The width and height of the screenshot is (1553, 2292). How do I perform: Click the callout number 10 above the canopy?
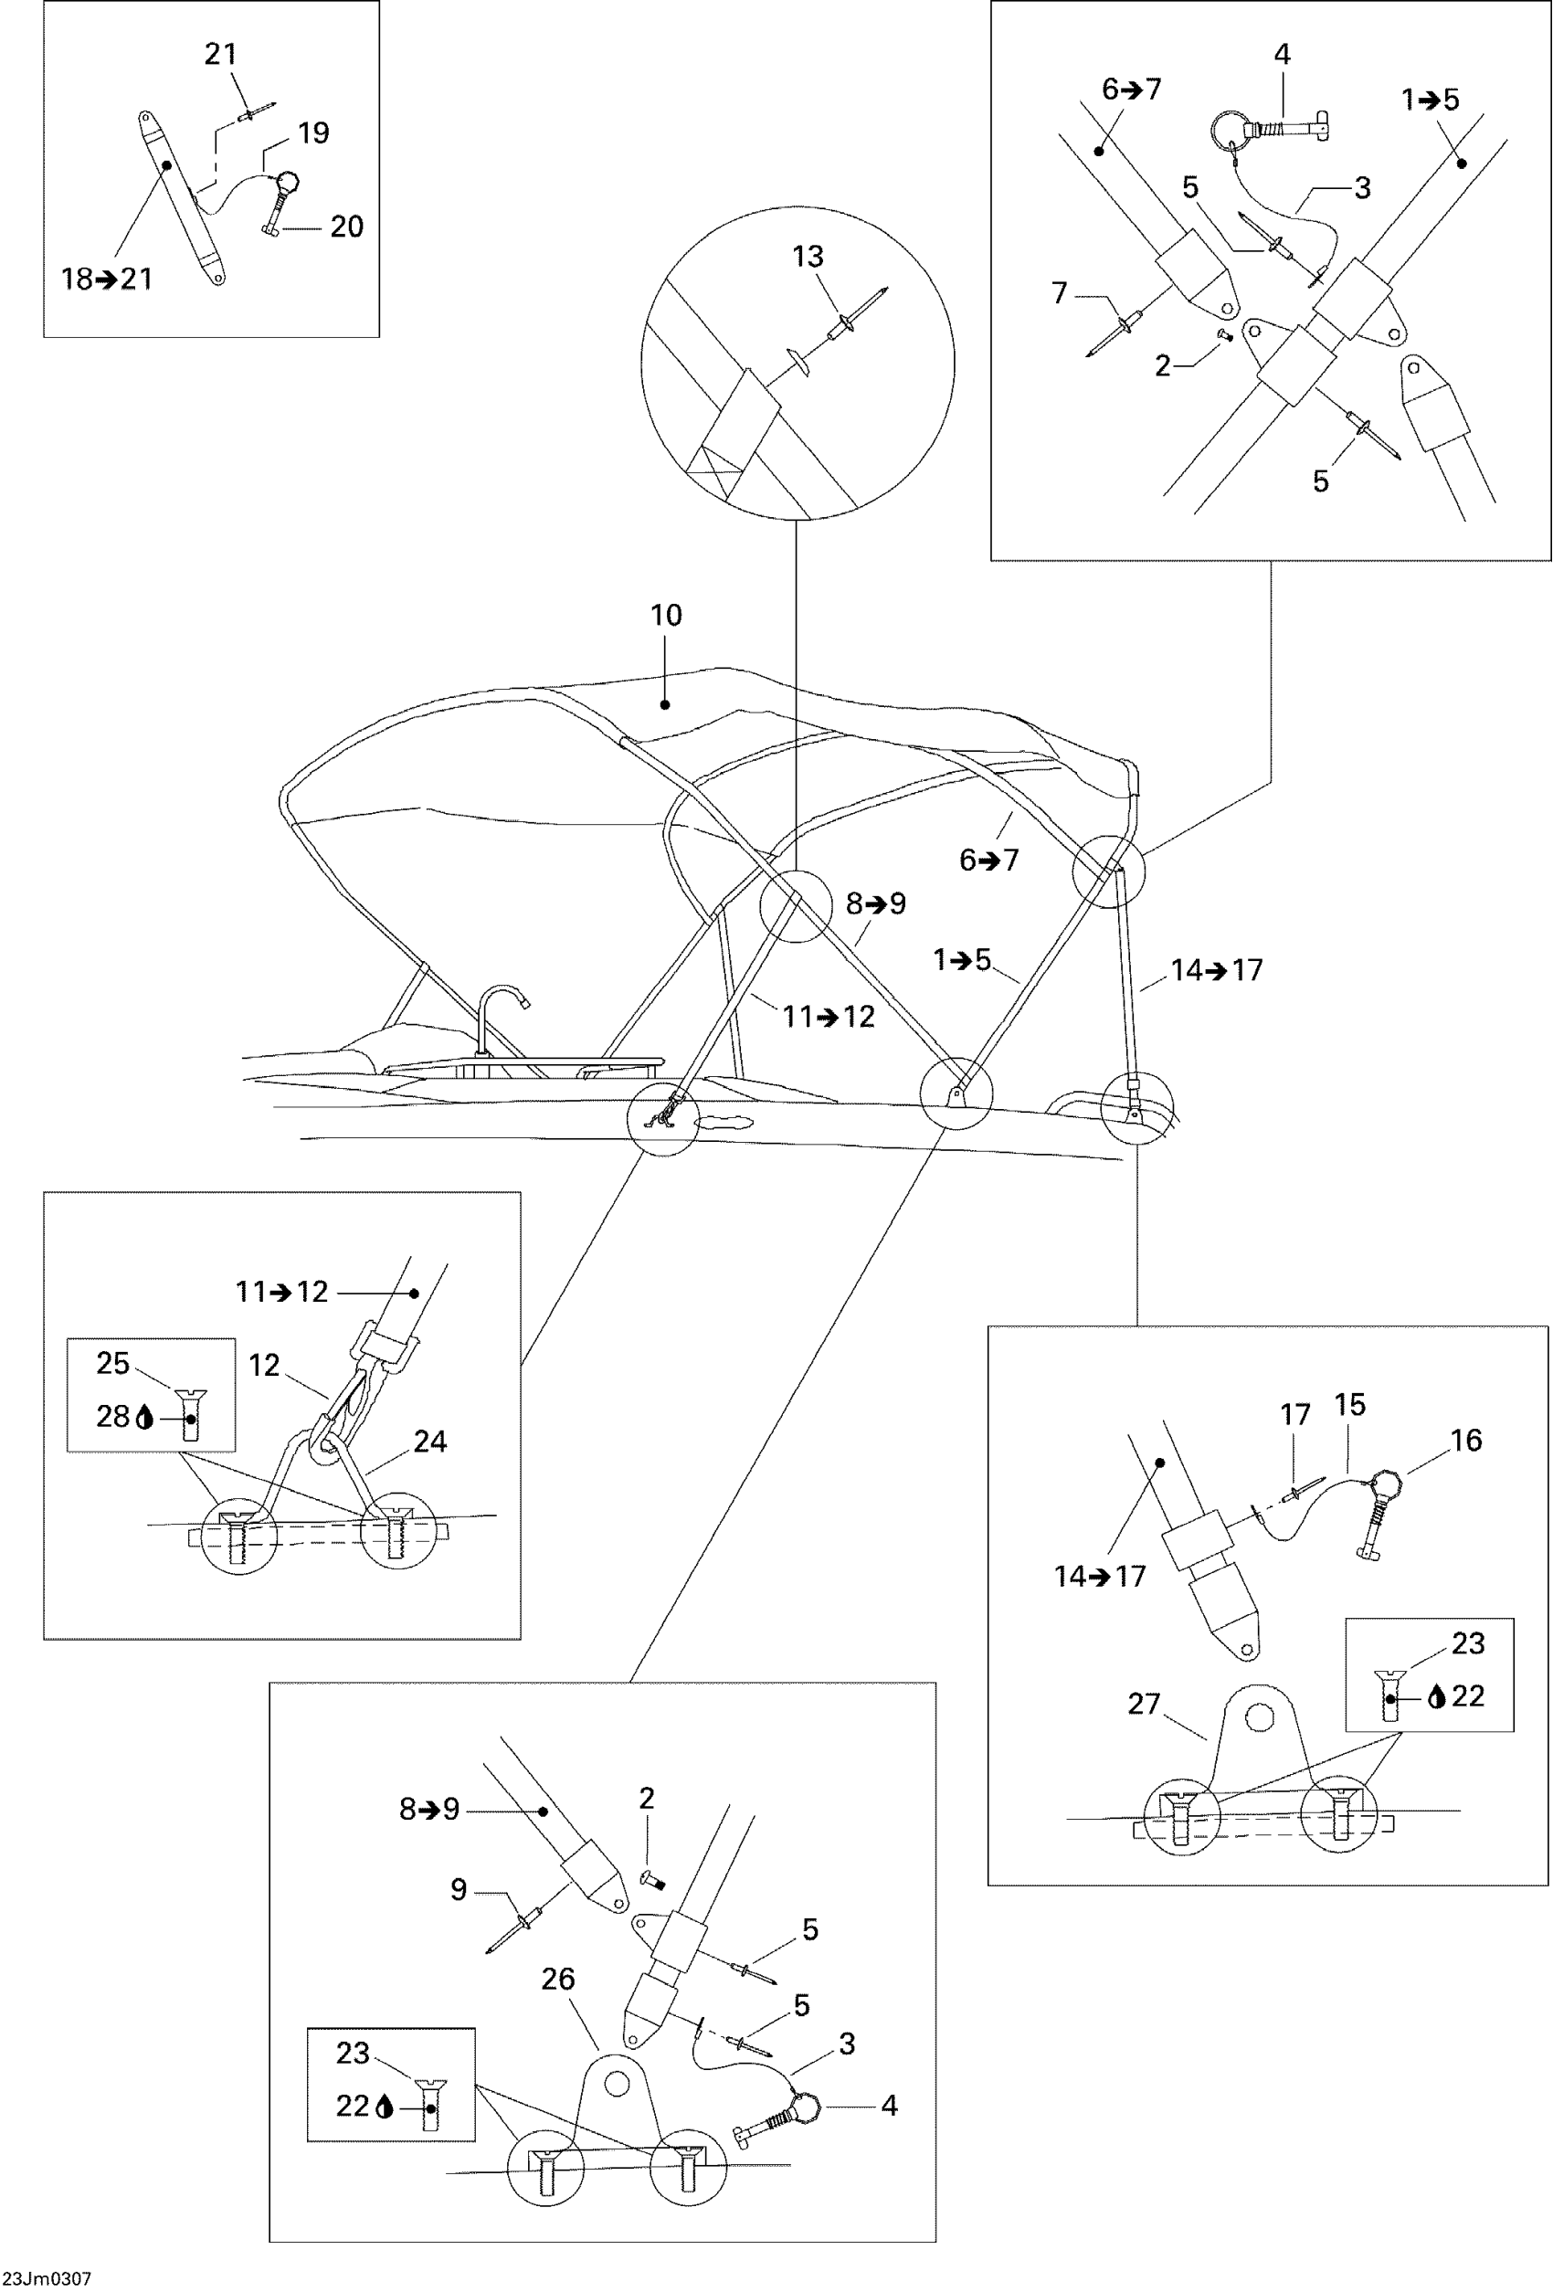(666, 616)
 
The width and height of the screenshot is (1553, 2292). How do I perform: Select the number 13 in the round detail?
(808, 258)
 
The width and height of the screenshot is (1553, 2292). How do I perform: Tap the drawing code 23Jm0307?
(48, 2279)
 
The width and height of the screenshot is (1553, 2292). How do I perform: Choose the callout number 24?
(430, 1442)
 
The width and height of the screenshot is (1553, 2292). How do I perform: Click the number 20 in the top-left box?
(346, 227)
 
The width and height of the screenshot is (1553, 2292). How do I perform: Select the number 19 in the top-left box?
(313, 133)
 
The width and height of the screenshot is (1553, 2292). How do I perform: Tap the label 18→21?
(107, 280)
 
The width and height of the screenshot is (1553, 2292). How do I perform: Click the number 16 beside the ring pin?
(1465, 1440)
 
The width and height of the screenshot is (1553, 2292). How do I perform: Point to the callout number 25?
(112, 1363)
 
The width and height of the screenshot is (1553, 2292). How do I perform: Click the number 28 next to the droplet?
(112, 1417)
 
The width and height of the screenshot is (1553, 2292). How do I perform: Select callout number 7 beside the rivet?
(1059, 293)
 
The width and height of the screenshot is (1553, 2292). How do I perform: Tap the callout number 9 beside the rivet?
(459, 1890)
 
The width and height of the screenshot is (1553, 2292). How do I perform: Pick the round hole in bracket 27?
(1258, 1719)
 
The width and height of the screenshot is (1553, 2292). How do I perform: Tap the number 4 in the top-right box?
(1282, 55)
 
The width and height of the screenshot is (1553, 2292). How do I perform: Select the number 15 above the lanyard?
(1349, 1405)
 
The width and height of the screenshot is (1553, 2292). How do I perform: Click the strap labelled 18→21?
(182, 197)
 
